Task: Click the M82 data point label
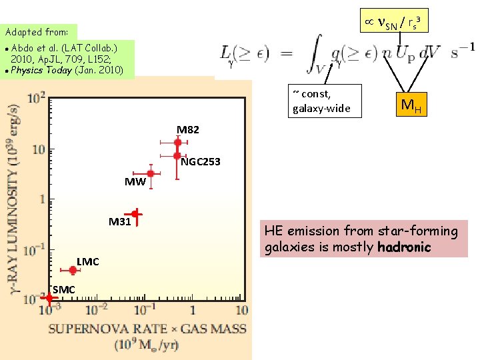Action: (x=187, y=129)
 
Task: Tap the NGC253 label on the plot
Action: (x=201, y=162)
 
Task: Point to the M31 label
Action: (x=120, y=222)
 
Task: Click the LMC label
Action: (x=87, y=261)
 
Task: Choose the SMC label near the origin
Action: (x=63, y=289)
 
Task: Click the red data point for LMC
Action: (x=73, y=270)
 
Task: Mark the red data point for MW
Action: (x=151, y=173)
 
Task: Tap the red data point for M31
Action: (x=135, y=214)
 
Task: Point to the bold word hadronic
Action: (x=405, y=248)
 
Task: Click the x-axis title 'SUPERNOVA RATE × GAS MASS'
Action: (x=147, y=328)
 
